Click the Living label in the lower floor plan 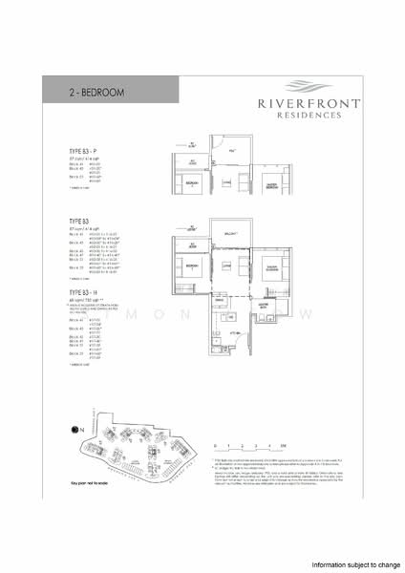[226, 265]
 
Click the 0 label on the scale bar [217, 445]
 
